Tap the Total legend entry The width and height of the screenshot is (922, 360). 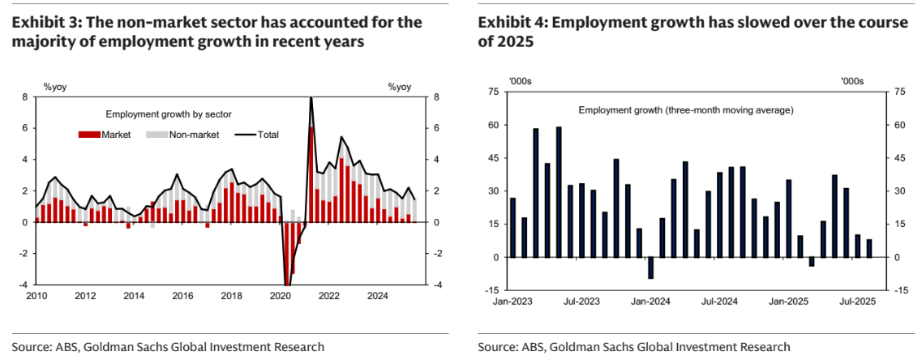(268, 135)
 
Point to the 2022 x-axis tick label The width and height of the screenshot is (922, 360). (328, 295)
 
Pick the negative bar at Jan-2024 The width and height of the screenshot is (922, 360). (650, 268)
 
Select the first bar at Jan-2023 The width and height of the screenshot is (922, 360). (512, 227)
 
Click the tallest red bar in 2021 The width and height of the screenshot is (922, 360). (312, 174)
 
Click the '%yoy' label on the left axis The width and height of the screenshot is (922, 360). (54, 86)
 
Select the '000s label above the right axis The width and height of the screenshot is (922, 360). (852, 81)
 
